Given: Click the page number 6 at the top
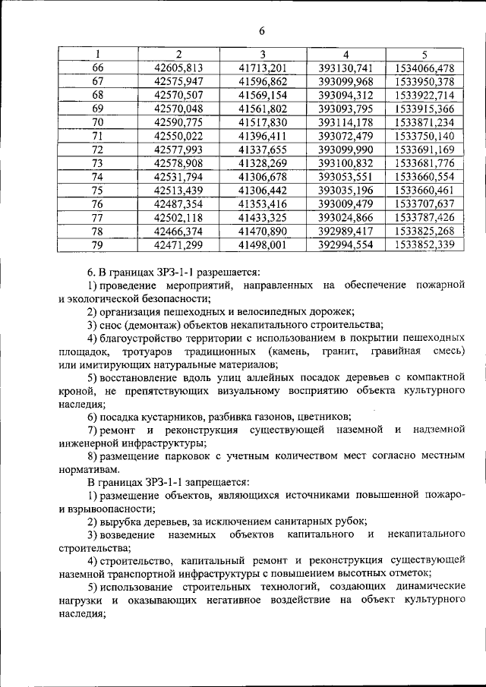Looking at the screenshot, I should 261,31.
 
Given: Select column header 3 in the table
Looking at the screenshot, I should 262,55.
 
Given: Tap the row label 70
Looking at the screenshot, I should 97,122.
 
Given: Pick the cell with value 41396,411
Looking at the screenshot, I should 262,136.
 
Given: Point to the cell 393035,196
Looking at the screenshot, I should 346,191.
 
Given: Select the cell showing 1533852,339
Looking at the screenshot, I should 424,245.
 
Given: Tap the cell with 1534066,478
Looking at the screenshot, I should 424,68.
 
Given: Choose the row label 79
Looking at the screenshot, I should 97,245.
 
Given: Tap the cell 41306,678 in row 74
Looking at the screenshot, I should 262,177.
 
